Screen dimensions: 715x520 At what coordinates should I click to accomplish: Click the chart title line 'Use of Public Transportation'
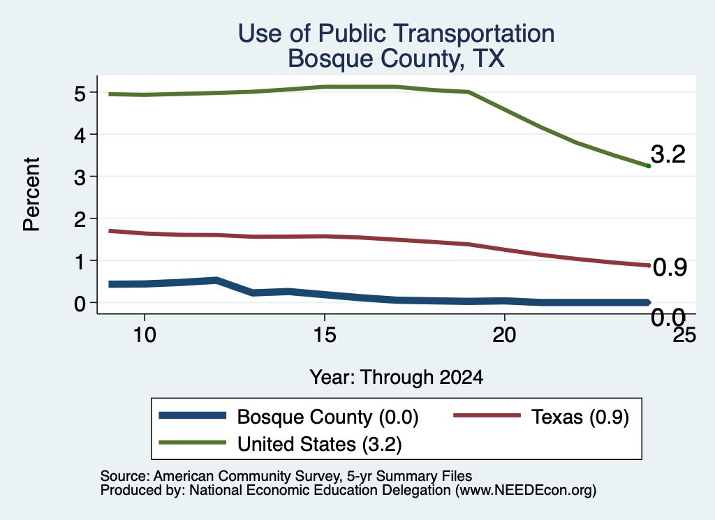[x=397, y=34]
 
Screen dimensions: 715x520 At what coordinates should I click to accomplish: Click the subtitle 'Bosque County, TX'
[x=397, y=59]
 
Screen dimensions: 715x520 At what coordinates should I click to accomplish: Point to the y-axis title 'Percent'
[x=31, y=194]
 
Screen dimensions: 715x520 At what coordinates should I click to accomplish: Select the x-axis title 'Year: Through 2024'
[x=397, y=378]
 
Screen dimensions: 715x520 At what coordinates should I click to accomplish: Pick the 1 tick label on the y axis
[x=80, y=261]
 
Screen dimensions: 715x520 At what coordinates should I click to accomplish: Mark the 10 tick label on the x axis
[x=145, y=335]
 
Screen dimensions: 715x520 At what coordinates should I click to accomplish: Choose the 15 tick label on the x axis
[x=325, y=335]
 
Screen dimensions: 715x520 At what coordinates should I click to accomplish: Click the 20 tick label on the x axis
[x=504, y=335]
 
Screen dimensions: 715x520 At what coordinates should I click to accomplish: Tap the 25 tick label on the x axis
[x=684, y=335]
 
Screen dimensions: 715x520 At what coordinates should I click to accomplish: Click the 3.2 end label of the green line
[x=668, y=154]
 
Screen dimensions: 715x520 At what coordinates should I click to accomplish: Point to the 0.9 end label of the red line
[x=670, y=267]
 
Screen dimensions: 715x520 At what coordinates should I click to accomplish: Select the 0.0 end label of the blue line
[x=668, y=317]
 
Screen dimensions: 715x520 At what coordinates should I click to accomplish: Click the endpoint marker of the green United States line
[x=649, y=166]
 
